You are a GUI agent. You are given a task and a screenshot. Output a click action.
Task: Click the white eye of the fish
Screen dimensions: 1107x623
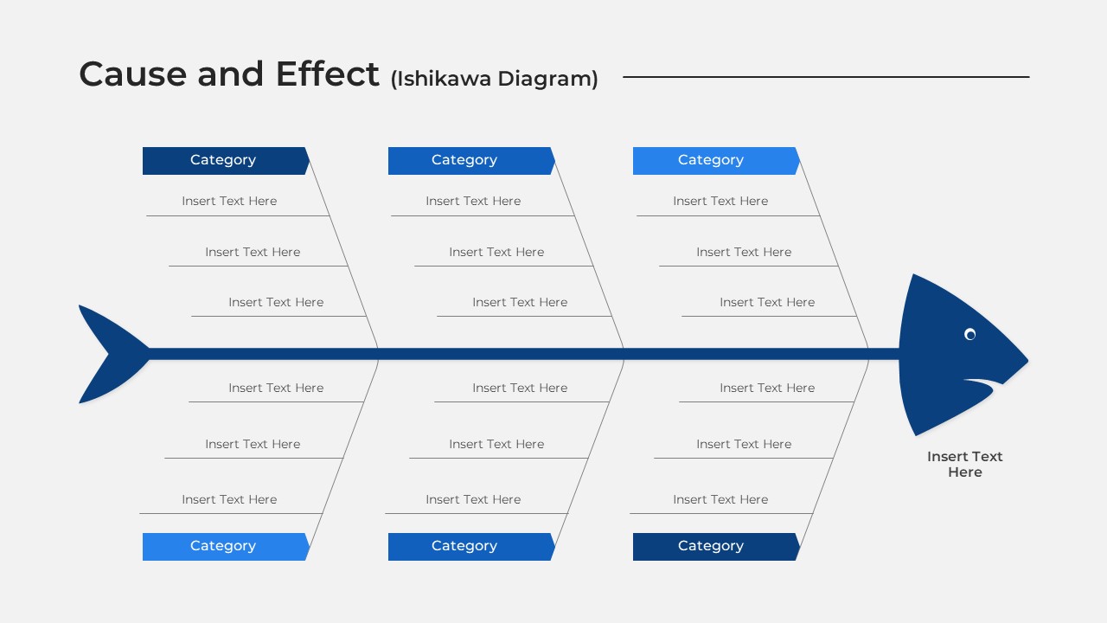pyautogui.click(x=970, y=335)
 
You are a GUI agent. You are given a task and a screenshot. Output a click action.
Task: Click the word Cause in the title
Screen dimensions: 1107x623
pyautogui.click(x=132, y=74)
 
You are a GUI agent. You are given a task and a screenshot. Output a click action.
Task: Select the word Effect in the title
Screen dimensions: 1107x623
pyautogui.click(x=327, y=74)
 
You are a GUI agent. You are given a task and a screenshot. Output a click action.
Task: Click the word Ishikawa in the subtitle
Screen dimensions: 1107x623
pyautogui.click(x=441, y=79)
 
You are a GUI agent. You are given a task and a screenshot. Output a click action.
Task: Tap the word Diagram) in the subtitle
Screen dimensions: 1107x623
pyautogui.click(x=548, y=79)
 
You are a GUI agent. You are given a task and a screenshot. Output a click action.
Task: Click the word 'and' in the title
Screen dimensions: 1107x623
pyautogui.click(x=230, y=74)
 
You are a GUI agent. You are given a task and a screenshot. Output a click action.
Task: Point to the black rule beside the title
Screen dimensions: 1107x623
pyautogui.click(x=826, y=77)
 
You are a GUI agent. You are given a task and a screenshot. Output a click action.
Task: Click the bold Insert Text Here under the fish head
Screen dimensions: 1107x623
pyautogui.click(x=964, y=465)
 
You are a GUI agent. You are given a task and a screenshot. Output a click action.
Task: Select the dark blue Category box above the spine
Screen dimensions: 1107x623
pyautogui.click(x=226, y=161)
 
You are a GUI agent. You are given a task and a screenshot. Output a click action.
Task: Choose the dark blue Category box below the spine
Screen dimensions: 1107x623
pyautogui.click(x=716, y=546)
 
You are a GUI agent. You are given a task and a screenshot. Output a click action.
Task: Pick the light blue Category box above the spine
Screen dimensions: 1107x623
pyautogui.click(x=716, y=161)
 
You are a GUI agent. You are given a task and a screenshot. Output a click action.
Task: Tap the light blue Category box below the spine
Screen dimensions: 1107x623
pyautogui.click(x=226, y=546)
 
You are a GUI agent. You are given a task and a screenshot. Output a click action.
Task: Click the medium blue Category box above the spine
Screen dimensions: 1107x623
pyautogui.click(x=471, y=161)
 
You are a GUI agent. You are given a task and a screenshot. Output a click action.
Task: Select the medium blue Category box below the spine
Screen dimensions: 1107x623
pyautogui.click(x=471, y=546)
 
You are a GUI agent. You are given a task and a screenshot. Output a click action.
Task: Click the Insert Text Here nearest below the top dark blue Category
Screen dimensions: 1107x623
pyautogui.click(x=229, y=202)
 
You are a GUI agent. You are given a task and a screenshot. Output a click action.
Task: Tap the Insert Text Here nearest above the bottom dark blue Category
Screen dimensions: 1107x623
pyautogui.click(x=720, y=499)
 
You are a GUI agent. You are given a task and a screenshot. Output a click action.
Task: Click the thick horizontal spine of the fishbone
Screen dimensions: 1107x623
pyautogui.click(x=524, y=354)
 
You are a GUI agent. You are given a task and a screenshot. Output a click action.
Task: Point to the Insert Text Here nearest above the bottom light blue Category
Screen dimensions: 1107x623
pyautogui.click(x=229, y=499)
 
